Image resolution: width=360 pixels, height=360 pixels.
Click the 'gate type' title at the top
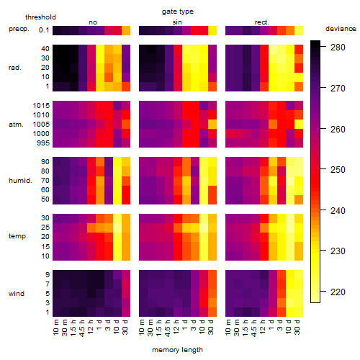click(178, 12)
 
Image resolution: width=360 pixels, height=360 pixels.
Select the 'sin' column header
click(177, 22)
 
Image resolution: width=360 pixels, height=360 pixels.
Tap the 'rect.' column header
click(262, 22)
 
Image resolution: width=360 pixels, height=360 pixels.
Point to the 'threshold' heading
click(40, 17)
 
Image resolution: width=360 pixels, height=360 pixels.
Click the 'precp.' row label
click(19, 29)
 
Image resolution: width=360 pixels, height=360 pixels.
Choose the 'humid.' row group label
click(20, 180)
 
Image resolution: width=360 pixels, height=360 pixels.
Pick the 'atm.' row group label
click(16, 125)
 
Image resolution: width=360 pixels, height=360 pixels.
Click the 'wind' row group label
click(17, 294)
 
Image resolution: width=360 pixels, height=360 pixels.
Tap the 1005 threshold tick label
click(41, 125)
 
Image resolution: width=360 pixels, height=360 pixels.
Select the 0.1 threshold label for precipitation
click(44, 30)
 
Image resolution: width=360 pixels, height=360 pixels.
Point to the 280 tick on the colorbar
click(338, 48)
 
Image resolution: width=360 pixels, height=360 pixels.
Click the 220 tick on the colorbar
click(338, 292)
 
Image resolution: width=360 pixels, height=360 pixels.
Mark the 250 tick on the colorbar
click(338, 170)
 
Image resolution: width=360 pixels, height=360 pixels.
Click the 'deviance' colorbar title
click(341, 29)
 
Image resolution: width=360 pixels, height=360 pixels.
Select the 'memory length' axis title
click(178, 350)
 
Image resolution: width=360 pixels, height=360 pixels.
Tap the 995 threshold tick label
click(43, 143)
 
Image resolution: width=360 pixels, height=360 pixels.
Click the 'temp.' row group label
click(18, 236)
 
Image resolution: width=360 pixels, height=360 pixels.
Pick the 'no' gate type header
click(93, 22)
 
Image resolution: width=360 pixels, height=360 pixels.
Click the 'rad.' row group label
click(15, 68)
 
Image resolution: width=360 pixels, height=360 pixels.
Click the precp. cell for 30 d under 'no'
click(126, 30)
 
